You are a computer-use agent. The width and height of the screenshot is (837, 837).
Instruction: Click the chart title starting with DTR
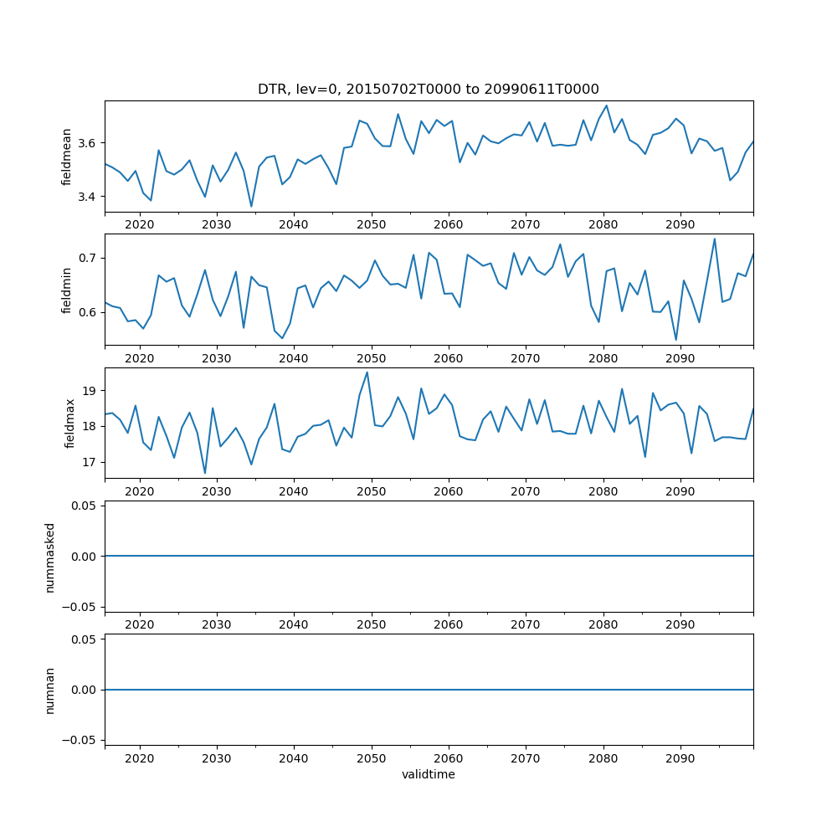tap(428, 89)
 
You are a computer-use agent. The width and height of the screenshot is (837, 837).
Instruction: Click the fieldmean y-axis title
tap(66, 157)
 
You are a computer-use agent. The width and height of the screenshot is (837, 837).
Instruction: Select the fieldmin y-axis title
tap(66, 290)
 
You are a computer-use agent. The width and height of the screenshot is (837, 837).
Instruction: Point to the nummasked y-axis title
tap(50, 557)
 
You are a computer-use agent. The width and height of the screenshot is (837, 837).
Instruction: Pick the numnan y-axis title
tap(50, 690)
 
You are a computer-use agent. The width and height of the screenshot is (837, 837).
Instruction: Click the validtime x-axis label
tap(428, 775)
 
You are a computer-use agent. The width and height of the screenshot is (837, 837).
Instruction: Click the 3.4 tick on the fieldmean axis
tap(87, 197)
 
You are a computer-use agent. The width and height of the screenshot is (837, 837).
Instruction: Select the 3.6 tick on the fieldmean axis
tap(87, 143)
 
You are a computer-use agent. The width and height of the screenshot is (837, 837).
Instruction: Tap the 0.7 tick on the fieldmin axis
tap(87, 258)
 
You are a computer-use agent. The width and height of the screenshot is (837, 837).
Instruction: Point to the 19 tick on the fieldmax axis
tap(90, 391)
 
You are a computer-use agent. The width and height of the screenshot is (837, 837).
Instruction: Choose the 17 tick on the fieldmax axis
tap(90, 462)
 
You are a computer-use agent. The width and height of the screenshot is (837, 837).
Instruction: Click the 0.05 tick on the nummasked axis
tap(82, 506)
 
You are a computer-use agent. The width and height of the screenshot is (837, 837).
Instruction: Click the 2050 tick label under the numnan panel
tap(371, 757)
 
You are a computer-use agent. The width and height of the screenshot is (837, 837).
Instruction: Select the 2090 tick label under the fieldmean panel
tap(680, 224)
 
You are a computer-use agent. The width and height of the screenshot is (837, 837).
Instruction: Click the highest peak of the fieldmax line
tap(367, 372)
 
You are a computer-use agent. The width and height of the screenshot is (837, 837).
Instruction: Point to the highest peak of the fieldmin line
tap(714, 239)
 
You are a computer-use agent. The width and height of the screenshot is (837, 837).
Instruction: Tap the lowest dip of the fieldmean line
tap(251, 207)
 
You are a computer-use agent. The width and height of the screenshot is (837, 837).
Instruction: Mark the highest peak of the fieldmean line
tap(606, 105)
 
